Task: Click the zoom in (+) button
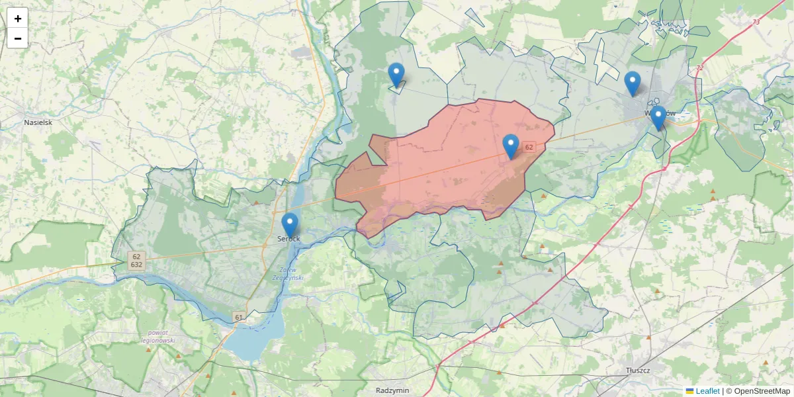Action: (x=17, y=19)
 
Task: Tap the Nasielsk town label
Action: (x=38, y=122)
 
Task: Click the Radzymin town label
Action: (x=390, y=390)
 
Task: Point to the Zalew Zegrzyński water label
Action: (x=288, y=274)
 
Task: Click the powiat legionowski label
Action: (x=157, y=337)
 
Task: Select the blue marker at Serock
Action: (x=290, y=225)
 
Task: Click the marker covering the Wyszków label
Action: (x=658, y=118)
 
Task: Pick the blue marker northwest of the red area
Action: (x=396, y=75)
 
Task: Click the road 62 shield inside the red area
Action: (x=529, y=147)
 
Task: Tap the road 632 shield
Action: (x=136, y=265)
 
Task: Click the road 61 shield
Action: (x=238, y=318)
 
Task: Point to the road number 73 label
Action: (x=756, y=22)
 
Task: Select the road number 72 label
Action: (x=699, y=69)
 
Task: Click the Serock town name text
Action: (x=289, y=238)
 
